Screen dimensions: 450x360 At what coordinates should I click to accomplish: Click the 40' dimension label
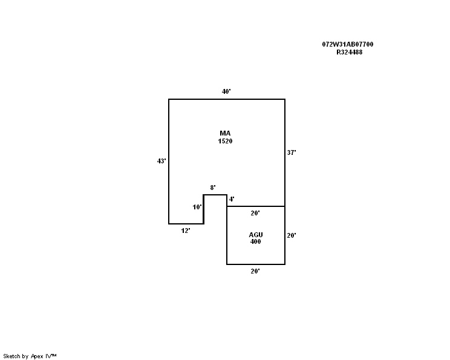tap(226, 91)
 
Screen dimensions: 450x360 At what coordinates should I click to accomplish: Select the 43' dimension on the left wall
tap(161, 161)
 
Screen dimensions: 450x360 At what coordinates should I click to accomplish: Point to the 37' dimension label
tap(292, 152)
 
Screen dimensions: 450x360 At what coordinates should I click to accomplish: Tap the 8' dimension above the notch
tap(213, 188)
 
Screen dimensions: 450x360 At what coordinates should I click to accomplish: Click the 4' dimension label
tap(232, 199)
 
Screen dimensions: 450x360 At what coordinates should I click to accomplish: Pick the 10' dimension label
tap(197, 207)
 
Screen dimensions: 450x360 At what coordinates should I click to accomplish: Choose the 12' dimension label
tap(186, 231)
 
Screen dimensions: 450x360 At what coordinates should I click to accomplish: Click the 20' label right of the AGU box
tap(292, 235)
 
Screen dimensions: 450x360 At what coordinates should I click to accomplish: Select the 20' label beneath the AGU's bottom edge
tap(255, 271)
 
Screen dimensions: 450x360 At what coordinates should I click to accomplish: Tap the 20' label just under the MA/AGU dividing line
tap(255, 213)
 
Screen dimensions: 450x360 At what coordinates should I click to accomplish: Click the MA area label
tap(225, 133)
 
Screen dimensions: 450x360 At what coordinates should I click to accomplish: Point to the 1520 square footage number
tap(225, 141)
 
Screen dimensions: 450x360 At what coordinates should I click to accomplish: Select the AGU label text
tap(256, 235)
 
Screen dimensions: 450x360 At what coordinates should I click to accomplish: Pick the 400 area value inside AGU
tap(255, 241)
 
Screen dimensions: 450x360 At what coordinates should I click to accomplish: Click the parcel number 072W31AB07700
tap(348, 44)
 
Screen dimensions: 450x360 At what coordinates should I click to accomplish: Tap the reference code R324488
tap(349, 52)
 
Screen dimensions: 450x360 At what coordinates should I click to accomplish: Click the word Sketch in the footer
tap(11, 356)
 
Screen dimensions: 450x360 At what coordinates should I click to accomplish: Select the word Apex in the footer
tap(37, 356)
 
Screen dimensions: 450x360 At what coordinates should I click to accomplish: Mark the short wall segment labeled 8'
tap(215, 195)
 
